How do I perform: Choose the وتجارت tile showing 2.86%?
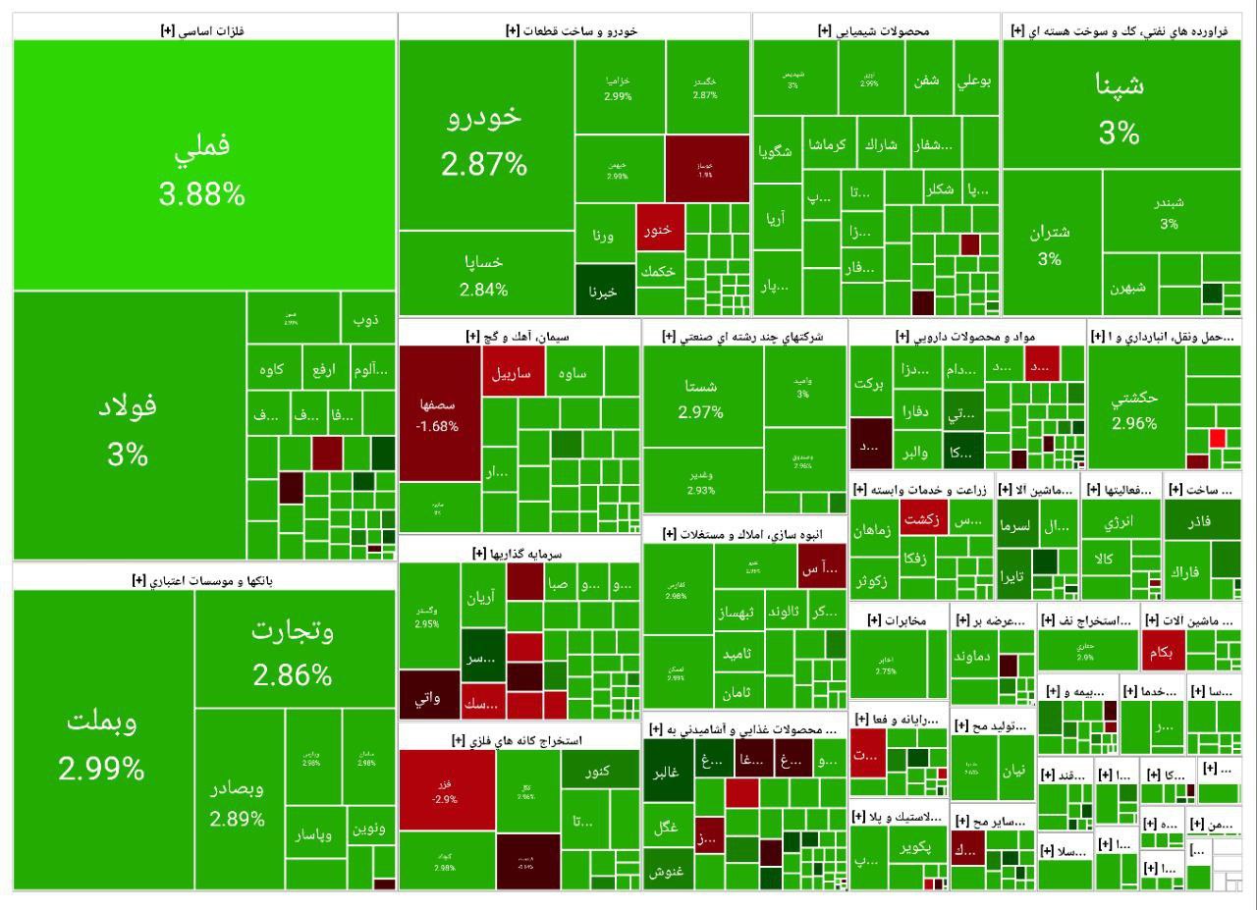point(293,652)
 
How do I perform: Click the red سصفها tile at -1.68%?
point(439,412)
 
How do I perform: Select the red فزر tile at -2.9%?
point(446,791)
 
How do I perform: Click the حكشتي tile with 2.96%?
point(1135,410)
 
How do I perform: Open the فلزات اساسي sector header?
point(202,30)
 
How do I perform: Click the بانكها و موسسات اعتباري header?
point(203,580)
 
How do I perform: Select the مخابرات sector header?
point(898,619)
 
